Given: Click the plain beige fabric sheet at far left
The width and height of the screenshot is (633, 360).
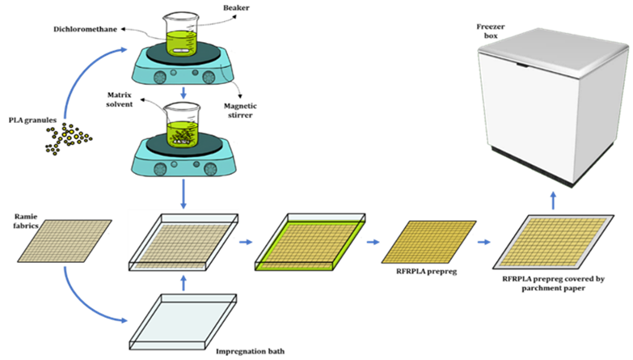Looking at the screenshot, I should (x=65, y=240).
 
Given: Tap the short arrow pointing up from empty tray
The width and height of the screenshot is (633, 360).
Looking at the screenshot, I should (x=184, y=282).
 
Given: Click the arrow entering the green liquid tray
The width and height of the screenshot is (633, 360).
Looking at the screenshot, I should (x=246, y=241).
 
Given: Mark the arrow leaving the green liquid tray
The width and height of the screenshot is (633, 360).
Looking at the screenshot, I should (x=373, y=241).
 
